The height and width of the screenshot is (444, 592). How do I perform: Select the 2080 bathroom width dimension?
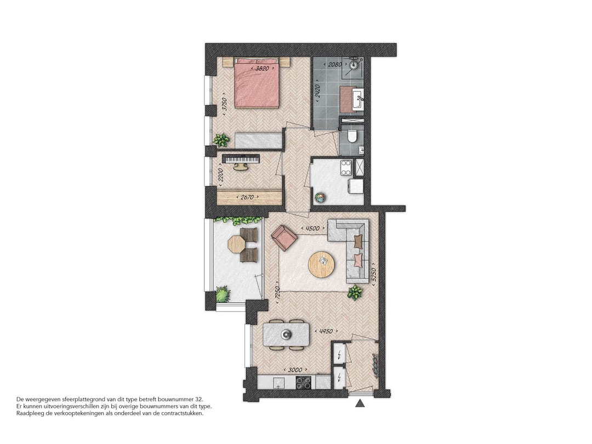(x=334, y=65)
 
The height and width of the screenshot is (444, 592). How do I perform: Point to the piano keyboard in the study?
(x=240, y=158)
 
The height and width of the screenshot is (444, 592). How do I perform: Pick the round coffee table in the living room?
(x=321, y=265)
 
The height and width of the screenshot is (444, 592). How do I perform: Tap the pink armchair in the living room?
(x=284, y=237)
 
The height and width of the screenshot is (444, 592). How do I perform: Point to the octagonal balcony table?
(x=236, y=244)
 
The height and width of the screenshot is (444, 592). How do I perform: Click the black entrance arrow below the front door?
(x=360, y=404)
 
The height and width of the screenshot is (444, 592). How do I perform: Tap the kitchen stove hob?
(x=303, y=382)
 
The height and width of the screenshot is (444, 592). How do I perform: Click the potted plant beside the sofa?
(x=355, y=292)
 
